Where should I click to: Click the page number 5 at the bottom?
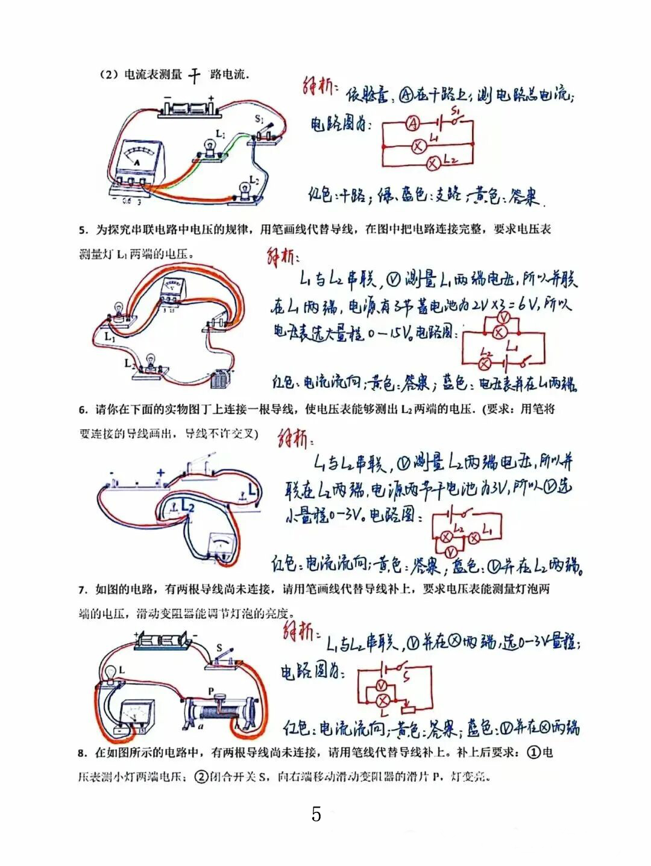[316, 814]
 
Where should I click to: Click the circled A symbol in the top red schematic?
[412, 123]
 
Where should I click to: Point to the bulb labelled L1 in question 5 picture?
[118, 314]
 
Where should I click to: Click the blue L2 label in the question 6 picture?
[187, 505]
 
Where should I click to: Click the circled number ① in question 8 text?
[533, 752]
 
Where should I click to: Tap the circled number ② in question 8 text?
[200, 777]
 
